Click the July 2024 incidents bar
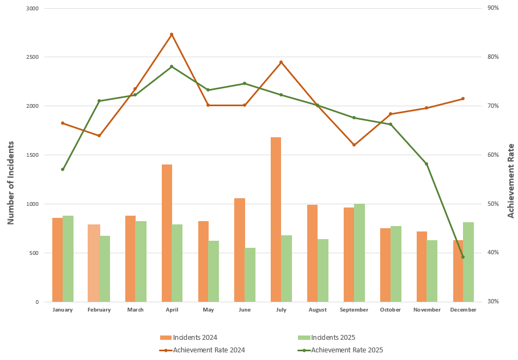coord(276,219)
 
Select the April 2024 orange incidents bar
coord(167,233)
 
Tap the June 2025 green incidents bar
coord(250,274)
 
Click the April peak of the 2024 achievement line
coord(172,34)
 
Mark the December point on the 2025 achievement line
coord(463,257)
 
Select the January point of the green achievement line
coord(63,169)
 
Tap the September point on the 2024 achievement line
coord(354,145)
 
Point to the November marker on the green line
coord(426,164)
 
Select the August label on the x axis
coord(318,310)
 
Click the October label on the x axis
coord(391,310)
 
